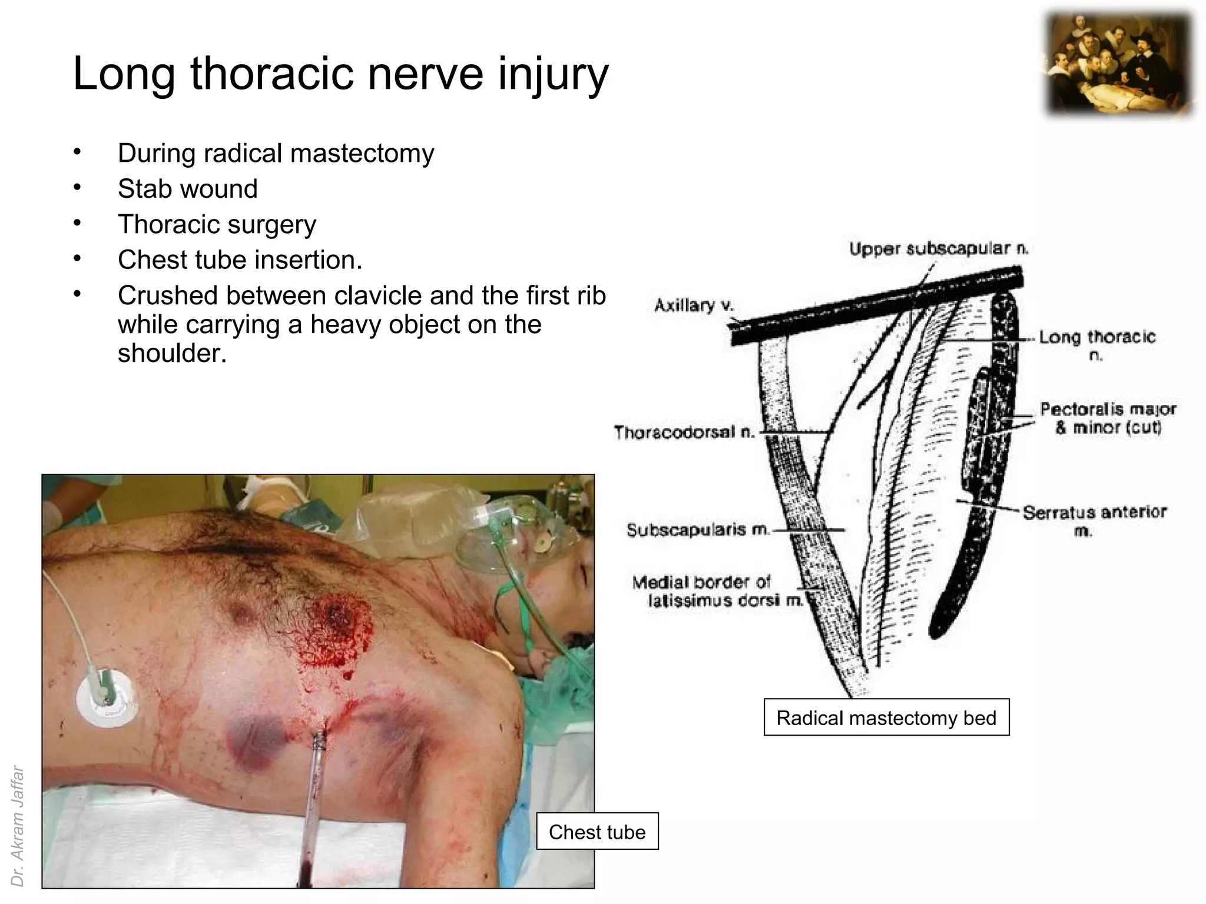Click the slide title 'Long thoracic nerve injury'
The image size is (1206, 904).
[340, 74]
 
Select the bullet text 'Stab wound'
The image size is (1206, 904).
[187, 189]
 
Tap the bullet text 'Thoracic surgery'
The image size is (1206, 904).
[217, 224]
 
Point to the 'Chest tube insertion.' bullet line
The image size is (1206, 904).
[240, 260]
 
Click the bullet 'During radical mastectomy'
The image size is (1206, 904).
[276, 153]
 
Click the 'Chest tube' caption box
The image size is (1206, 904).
[597, 832]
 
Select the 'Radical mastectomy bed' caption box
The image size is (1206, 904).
[886, 717]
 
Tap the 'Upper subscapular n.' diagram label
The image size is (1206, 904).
[938, 249]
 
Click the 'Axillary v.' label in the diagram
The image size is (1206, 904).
[694, 305]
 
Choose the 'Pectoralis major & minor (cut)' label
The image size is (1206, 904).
[1107, 418]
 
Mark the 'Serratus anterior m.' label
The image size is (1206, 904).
[1094, 520]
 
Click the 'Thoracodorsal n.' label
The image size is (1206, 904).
[684, 432]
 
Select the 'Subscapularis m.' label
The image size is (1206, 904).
[697, 530]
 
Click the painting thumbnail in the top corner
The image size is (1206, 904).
[1119, 64]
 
